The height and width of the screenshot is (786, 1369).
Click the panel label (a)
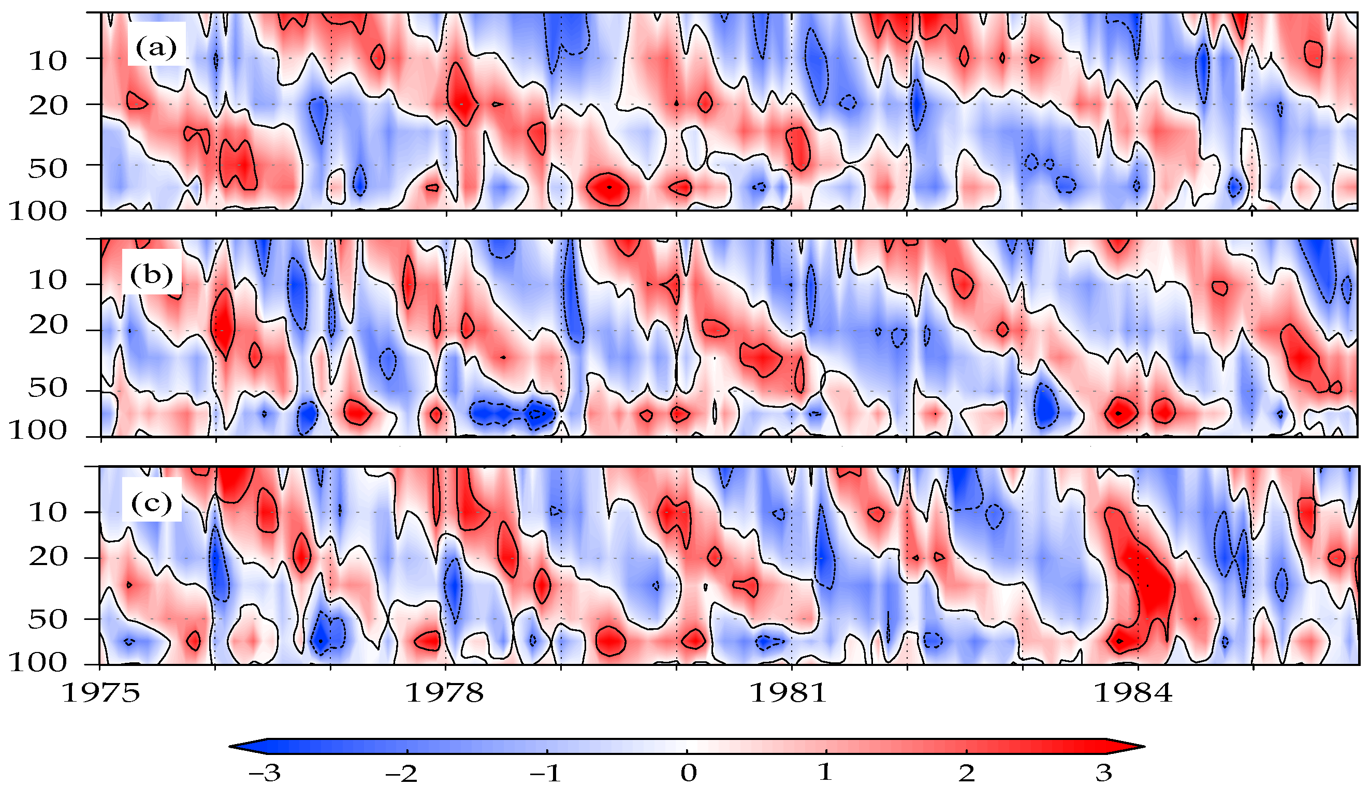(156, 49)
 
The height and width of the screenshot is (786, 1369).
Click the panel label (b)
(152, 275)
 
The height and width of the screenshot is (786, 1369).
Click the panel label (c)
(152, 503)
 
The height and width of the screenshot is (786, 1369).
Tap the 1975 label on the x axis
(101, 693)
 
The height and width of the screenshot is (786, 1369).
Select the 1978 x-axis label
(444, 693)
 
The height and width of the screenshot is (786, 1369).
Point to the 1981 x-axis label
(789, 693)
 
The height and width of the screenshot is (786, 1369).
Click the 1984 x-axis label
(1133, 693)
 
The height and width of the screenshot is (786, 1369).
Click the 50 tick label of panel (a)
(48, 170)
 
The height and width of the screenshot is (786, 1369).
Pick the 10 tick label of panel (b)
(48, 281)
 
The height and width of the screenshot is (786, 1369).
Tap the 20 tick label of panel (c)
(48, 557)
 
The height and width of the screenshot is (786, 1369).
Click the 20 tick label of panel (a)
(48, 107)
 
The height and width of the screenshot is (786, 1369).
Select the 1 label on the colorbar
(825, 773)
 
